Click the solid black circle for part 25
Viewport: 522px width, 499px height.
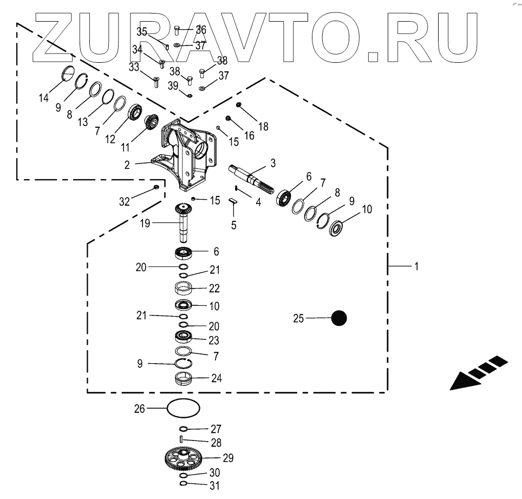point(339,318)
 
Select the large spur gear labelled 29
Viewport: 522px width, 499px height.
point(184,459)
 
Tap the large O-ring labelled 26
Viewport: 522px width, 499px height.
point(184,408)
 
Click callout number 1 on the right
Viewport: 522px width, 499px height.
point(416,267)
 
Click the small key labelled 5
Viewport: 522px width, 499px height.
point(233,200)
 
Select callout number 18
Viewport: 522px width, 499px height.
point(263,127)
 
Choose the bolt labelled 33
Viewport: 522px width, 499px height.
point(155,82)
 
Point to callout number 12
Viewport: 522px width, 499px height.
point(110,139)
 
